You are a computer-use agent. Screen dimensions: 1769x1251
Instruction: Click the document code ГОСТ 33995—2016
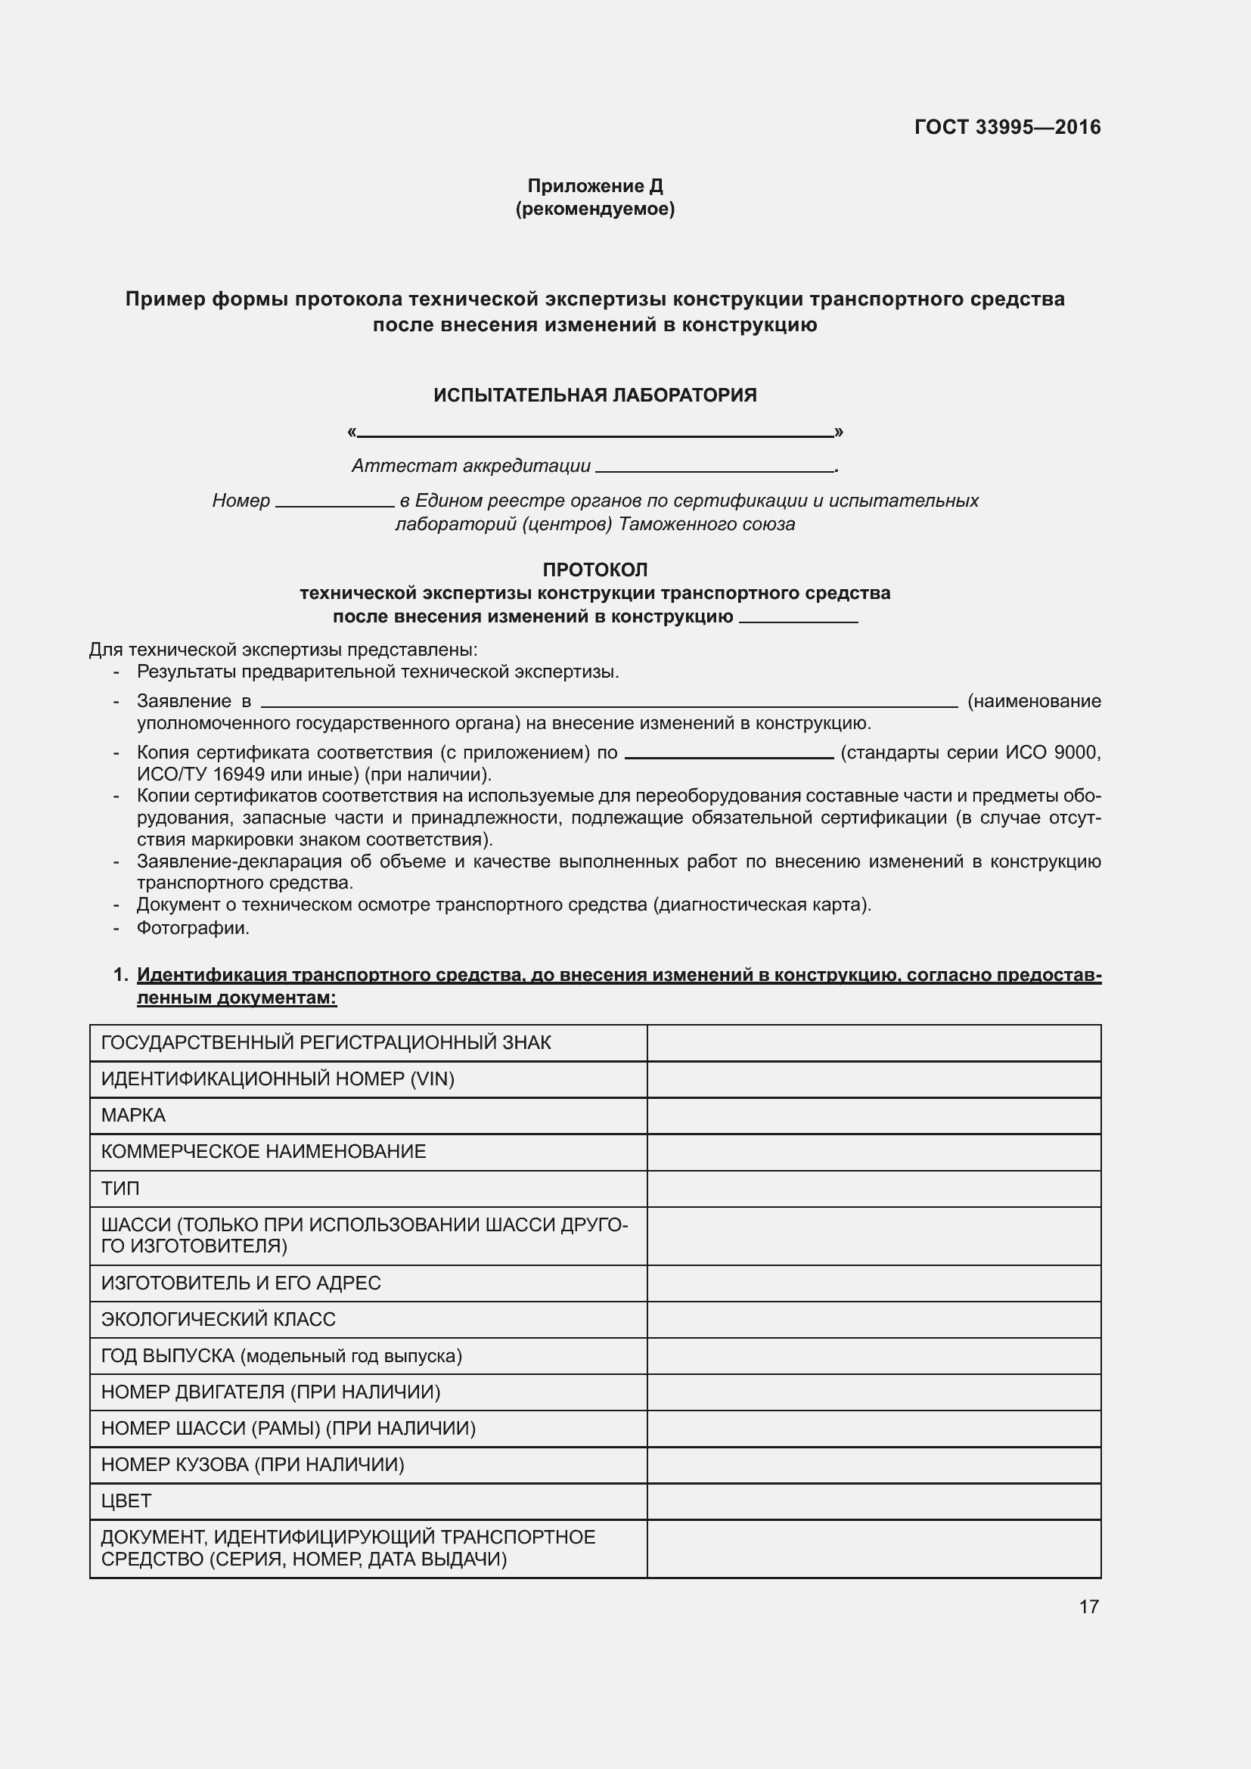pos(1007,127)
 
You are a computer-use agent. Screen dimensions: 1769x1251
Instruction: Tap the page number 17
pos(1088,1606)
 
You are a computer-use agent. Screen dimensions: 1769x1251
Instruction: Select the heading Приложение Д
pos(594,186)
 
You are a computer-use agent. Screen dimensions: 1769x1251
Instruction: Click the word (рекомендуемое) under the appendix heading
pos(594,209)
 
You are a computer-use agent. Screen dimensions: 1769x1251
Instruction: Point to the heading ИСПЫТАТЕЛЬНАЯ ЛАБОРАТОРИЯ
pos(594,396)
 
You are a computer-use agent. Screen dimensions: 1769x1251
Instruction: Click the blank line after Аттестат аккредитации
pos(715,467)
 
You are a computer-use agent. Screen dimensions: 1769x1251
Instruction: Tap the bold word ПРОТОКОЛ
pos(594,570)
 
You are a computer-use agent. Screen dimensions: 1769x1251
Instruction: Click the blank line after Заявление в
pos(609,703)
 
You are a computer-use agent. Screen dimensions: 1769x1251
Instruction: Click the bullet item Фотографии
pos(193,928)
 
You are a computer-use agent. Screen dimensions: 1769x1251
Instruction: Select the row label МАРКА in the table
pos(133,1115)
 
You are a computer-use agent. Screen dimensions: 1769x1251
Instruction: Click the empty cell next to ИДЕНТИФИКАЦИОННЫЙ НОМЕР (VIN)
pos(873,1078)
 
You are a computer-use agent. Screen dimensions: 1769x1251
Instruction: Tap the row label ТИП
pos(120,1188)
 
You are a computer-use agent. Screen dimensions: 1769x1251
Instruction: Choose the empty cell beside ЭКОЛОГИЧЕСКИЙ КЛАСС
pos(873,1319)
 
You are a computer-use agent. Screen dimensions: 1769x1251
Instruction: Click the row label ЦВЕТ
pos(126,1501)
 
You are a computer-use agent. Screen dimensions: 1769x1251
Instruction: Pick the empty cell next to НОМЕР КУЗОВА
pos(873,1465)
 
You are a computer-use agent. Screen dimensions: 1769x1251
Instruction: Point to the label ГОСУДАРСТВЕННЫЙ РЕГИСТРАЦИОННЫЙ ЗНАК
pos(326,1042)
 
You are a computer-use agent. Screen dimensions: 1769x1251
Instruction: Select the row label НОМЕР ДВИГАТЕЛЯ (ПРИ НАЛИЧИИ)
pos(270,1392)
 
